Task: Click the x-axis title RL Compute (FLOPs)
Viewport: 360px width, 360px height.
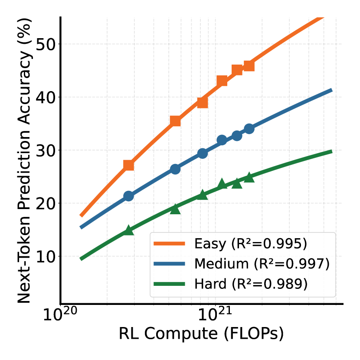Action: click(201, 334)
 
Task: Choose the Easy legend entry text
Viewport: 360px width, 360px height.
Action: click(251, 244)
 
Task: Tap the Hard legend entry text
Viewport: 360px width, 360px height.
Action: click(251, 284)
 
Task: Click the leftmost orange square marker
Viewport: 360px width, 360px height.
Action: click(128, 165)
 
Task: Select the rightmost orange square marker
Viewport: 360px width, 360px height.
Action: click(249, 66)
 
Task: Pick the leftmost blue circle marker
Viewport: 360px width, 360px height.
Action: click(128, 196)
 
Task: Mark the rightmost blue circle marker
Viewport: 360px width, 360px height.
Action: click(249, 129)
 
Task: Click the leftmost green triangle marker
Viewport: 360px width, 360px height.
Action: click(128, 230)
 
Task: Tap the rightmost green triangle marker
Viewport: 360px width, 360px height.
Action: click(249, 177)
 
